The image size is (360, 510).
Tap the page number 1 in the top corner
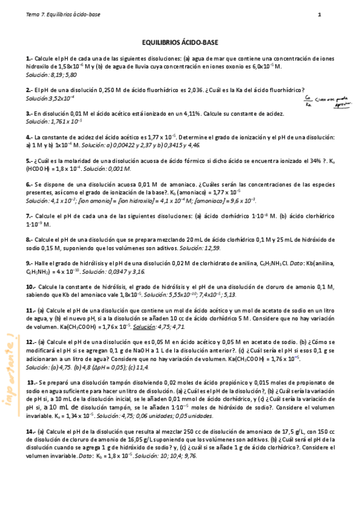(319, 14)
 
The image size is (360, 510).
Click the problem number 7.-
(29, 215)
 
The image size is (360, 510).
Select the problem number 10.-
(31, 287)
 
